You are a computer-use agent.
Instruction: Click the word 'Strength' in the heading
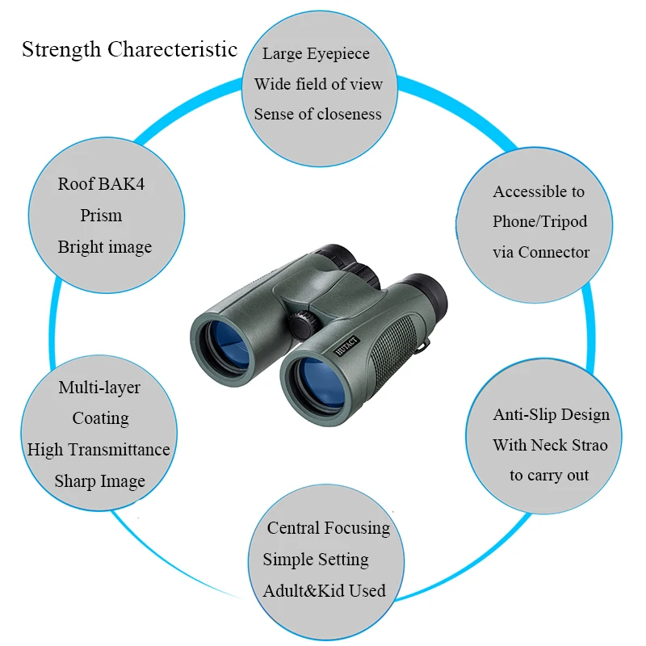(61, 49)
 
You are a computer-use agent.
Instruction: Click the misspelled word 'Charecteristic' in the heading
(172, 49)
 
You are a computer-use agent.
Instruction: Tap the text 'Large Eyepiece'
(316, 53)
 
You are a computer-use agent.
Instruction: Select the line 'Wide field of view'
(318, 84)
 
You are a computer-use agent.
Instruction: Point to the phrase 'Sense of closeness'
(317, 114)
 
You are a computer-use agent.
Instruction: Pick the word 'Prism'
(101, 215)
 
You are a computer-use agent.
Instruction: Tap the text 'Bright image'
(105, 247)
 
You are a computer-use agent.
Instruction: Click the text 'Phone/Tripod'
(539, 221)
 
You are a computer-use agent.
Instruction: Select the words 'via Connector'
(541, 252)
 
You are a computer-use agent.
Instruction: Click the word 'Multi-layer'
(99, 388)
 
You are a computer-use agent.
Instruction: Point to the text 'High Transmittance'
(99, 450)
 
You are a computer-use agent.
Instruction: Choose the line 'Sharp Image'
(99, 481)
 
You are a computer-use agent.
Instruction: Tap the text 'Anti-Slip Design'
(552, 414)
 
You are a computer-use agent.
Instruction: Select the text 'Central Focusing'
(329, 528)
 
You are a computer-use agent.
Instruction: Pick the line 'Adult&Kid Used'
(325, 591)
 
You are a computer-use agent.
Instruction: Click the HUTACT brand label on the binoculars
(346, 346)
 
